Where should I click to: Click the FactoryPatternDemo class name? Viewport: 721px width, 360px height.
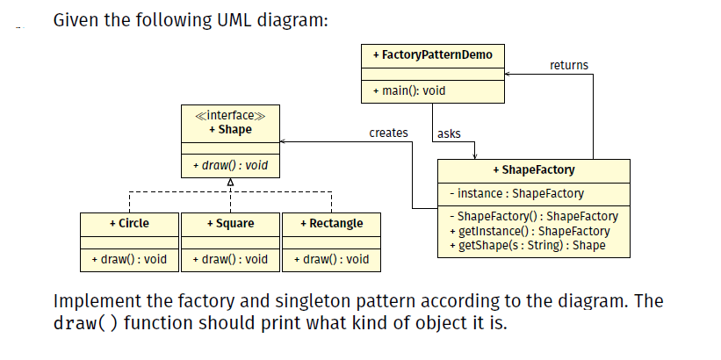pyautogui.click(x=433, y=55)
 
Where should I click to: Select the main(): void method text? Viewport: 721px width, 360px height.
pyautogui.click(x=409, y=91)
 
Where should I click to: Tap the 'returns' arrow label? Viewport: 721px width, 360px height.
pyautogui.click(x=568, y=65)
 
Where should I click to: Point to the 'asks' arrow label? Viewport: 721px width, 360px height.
pyautogui.click(x=449, y=133)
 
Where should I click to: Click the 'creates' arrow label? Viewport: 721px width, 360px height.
pyautogui.click(x=388, y=133)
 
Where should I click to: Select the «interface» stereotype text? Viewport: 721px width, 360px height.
pyautogui.click(x=229, y=116)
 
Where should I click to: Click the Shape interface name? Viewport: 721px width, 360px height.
pyautogui.click(x=230, y=129)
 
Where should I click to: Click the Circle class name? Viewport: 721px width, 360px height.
pyautogui.click(x=129, y=223)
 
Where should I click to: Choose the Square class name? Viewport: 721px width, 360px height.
pyautogui.click(x=230, y=223)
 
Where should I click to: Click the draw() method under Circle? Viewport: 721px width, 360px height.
pyautogui.click(x=129, y=259)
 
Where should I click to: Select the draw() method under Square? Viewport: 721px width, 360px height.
pyautogui.click(x=230, y=259)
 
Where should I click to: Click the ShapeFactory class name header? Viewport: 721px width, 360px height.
pyautogui.click(x=534, y=169)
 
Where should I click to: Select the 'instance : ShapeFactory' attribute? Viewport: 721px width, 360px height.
pyautogui.click(x=516, y=193)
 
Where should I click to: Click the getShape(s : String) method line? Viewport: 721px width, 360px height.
pyautogui.click(x=527, y=244)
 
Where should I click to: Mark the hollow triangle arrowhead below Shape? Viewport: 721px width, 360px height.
pyautogui.click(x=230, y=181)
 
